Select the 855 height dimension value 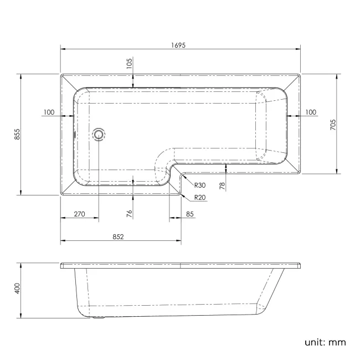click(x=17, y=134)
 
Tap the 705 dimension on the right click(x=332, y=125)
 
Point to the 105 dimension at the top click(x=129, y=65)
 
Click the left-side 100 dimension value click(x=48, y=112)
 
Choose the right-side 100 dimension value click(x=310, y=112)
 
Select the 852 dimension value click(x=118, y=236)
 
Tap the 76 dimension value click(x=129, y=214)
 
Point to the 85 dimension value click(x=190, y=214)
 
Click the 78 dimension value click(x=222, y=185)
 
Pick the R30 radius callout click(x=201, y=186)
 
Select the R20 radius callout click(x=201, y=198)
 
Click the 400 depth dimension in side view click(x=17, y=289)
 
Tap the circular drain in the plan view click(x=99, y=133)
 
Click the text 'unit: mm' click(x=325, y=342)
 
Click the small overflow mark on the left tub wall click(x=75, y=133)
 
